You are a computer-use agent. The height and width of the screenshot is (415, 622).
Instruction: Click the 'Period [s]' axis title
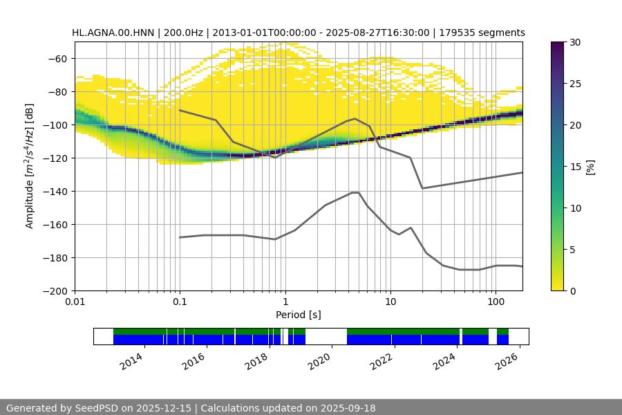pyautogui.click(x=299, y=315)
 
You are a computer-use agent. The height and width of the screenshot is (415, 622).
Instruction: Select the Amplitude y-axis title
pyautogui.click(x=30, y=166)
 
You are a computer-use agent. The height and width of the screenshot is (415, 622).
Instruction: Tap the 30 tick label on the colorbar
pyautogui.click(x=576, y=42)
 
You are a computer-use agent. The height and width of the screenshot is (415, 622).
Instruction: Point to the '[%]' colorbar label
pyautogui.click(x=591, y=166)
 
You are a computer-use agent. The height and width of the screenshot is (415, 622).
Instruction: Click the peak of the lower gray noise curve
pyautogui.click(x=355, y=192)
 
